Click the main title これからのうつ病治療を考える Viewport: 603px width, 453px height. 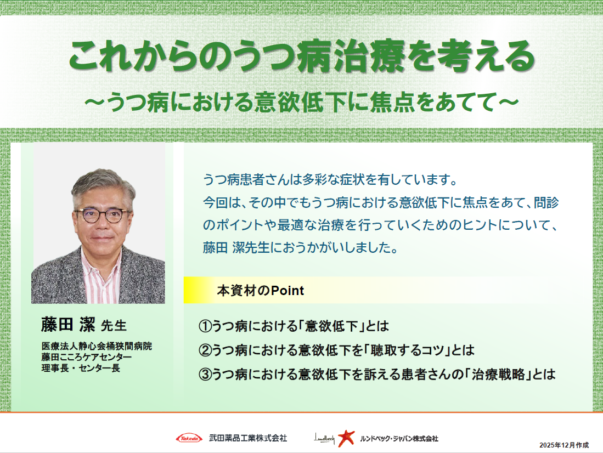(301, 57)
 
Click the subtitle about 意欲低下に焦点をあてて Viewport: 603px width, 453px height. (301, 102)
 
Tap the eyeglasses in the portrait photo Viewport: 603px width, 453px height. (102, 214)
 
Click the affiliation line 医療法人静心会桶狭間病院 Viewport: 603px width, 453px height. (97, 347)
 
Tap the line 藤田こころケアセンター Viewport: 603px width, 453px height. (87, 357)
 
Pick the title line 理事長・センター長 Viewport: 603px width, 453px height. (81, 367)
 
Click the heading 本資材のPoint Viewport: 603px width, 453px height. (260, 291)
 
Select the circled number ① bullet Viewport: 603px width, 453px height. (205, 326)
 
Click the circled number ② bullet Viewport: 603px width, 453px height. (205, 350)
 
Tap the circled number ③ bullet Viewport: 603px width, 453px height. (205, 375)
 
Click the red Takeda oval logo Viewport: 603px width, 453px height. (189, 438)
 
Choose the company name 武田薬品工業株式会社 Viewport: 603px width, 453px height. (248, 438)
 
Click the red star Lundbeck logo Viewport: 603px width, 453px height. (346, 438)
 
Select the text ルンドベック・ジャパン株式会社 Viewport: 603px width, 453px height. (399, 438)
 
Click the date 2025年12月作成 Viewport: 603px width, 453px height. (563, 444)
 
